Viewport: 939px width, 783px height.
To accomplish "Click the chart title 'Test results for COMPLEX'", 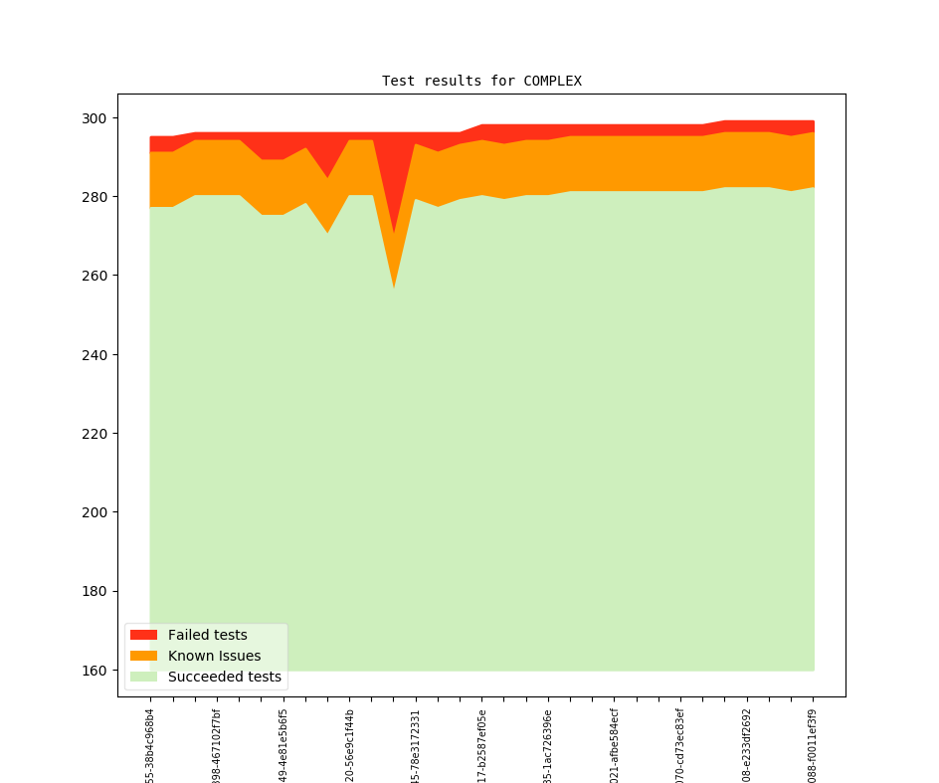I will [x=481, y=81].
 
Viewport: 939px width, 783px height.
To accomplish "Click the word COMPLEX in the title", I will [x=552, y=81].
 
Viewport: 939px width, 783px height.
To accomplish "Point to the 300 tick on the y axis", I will [x=97, y=118].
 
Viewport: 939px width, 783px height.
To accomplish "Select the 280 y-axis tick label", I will [x=97, y=197].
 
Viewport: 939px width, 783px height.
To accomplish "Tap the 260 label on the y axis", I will [x=97, y=276].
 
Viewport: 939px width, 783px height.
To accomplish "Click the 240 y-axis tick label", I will [x=97, y=354].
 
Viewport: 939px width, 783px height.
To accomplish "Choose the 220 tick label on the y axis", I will [x=97, y=434].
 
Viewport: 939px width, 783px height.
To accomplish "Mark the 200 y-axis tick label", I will [x=97, y=512].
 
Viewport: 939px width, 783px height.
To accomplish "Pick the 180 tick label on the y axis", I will [x=97, y=591].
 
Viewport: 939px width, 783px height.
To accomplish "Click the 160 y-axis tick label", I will [x=97, y=671].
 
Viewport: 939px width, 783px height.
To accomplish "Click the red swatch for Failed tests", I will [x=143, y=635].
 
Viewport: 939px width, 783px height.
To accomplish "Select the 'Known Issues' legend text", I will [x=214, y=656].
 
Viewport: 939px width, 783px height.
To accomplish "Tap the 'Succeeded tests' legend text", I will [x=224, y=677].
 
